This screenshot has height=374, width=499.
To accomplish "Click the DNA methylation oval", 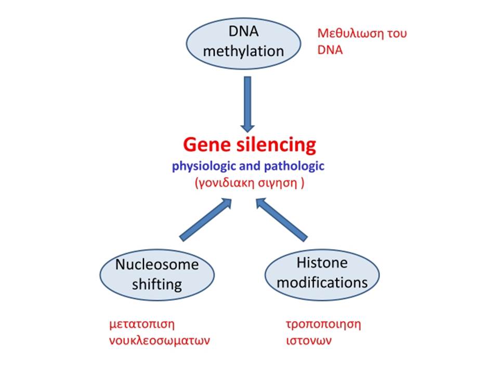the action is point(243,44).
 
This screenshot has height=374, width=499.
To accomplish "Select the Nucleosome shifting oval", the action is point(157,275).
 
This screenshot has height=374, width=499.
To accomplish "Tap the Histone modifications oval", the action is point(322,275).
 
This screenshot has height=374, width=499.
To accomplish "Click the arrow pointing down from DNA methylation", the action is point(247,104).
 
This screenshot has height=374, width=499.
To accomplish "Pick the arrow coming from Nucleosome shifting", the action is point(206,220).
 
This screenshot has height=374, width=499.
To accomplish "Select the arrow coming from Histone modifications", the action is point(282,220).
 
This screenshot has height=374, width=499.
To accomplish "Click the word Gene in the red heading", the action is point(207,145).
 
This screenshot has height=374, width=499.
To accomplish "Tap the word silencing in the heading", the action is point(277,145).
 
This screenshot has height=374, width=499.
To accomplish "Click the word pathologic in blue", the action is point(294,166).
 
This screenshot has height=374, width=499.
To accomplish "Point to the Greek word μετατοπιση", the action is point(142,324).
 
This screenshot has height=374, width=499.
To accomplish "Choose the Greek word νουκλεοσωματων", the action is point(160,341).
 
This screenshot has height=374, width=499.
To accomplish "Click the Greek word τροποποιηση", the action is point(323,325).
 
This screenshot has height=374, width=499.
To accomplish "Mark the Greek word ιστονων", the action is point(309,341).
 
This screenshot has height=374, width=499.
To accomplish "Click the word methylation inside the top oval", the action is point(243,51).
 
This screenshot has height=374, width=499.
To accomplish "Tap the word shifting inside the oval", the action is point(157,284).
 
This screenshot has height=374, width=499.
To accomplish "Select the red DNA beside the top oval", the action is point(330,50).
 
